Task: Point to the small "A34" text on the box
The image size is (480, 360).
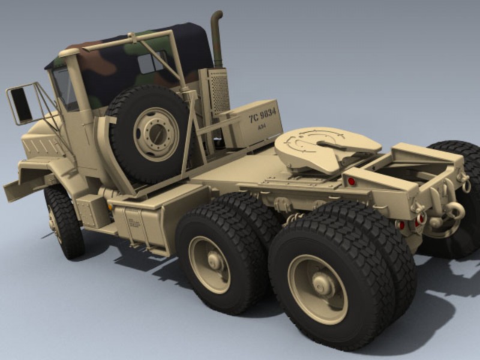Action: pyautogui.click(x=262, y=127)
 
